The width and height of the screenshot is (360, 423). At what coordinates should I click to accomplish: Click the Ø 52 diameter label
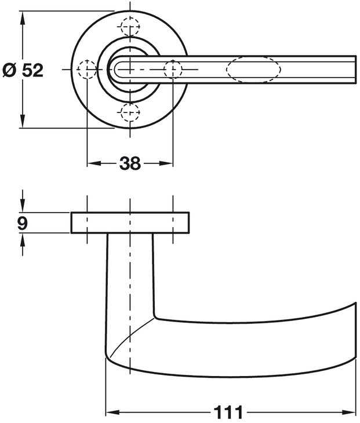[23, 70]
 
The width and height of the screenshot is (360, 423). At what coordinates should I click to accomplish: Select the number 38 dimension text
[130, 164]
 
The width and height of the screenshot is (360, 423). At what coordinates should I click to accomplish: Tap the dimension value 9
[22, 223]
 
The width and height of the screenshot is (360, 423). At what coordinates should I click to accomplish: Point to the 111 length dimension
[228, 413]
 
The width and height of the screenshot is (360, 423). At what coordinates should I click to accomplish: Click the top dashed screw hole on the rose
[129, 27]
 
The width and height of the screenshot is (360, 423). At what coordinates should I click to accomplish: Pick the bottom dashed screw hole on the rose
[129, 111]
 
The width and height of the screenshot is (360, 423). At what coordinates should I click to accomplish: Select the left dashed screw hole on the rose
[87, 70]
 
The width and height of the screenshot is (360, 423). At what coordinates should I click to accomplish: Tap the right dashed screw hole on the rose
[172, 70]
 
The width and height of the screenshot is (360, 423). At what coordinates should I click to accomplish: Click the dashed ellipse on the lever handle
[253, 70]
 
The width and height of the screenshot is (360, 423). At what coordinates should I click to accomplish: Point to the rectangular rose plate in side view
[130, 223]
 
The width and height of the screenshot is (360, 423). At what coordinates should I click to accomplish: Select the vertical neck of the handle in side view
[130, 272]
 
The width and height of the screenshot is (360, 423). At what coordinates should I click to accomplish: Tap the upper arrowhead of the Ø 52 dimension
[22, 16]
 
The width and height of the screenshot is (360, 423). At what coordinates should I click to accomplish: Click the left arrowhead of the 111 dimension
[110, 413]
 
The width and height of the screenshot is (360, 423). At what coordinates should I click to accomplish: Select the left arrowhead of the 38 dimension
[92, 164]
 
